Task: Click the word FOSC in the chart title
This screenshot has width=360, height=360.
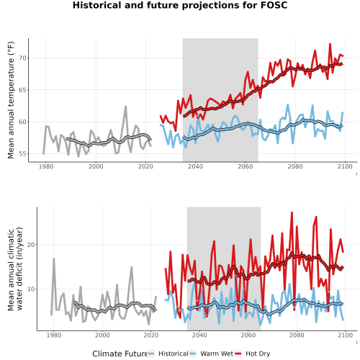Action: [x=274, y=5]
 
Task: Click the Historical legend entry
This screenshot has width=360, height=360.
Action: [x=168, y=354]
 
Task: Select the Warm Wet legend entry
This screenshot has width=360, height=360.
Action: [x=211, y=354]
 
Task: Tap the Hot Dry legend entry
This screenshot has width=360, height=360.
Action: [x=252, y=354]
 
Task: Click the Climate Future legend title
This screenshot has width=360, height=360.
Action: [x=120, y=354]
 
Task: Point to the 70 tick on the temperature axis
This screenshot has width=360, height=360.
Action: [x=22, y=58]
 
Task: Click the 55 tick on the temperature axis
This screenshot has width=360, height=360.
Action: [x=22, y=154]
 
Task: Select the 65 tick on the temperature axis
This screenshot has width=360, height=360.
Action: [x=22, y=90]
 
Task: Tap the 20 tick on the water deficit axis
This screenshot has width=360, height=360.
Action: [x=31, y=245]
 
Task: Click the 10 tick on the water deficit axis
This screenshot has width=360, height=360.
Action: [x=31, y=289]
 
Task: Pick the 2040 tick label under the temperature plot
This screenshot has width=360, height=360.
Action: [x=195, y=166]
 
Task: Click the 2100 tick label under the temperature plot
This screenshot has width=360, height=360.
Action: [x=345, y=166]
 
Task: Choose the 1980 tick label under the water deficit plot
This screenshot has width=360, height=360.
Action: [x=54, y=335]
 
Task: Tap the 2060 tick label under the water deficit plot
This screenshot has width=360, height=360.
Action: [x=248, y=335]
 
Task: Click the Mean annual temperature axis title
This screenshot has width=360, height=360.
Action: [x=11, y=100]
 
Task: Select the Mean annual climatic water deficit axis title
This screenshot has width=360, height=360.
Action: [x=15, y=269]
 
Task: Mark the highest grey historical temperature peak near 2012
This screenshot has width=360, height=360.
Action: [x=125, y=107]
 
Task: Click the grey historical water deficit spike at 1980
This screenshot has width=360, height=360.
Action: [x=54, y=258]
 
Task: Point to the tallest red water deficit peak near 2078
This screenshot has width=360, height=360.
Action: [x=292, y=212]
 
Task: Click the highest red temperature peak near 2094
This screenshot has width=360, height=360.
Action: [x=330, y=44]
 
